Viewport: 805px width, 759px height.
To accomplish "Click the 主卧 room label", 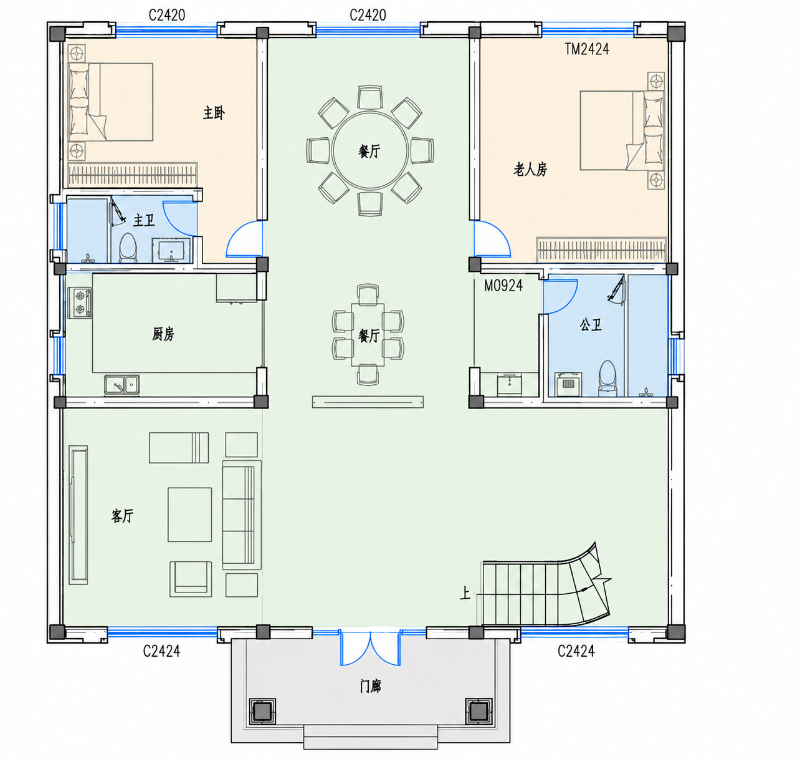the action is click(x=214, y=113).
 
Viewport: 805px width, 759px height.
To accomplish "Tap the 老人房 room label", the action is click(x=530, y=169).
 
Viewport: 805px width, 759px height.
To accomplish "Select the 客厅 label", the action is click(x=122, y=516).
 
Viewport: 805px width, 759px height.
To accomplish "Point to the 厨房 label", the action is click(x=163, y=334).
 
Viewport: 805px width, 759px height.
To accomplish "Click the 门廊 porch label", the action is click(x=371, y=687).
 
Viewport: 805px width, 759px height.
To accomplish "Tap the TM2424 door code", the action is click(x=587, y=49).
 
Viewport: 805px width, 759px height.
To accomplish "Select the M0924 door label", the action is click(x=503, y=286).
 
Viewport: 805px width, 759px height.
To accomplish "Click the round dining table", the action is click(x=369, y=151).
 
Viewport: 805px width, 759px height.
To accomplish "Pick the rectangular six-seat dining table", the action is click(x=368, y=335).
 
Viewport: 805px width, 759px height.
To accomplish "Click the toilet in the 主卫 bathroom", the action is click(x=128, y=248).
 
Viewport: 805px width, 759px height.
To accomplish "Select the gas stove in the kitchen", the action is click(x=80, y=302).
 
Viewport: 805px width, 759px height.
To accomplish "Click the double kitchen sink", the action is click(x=121, y=385).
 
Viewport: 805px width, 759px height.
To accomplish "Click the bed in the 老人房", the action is click(x=622, y=130).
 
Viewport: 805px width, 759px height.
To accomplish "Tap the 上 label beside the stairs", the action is click(x=465, y=593).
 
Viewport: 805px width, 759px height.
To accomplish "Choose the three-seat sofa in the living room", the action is click(x=242, y=515).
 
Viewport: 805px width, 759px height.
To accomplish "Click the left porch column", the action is click(x=262, y=712).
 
